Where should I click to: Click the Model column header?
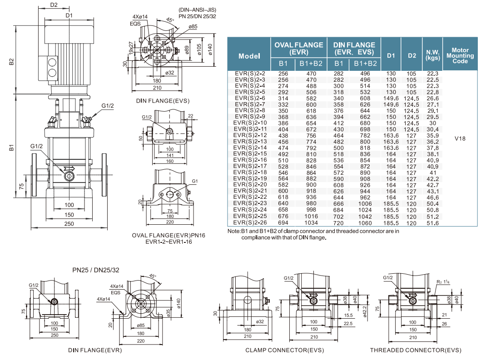[x=249, y=56]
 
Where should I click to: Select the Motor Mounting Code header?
[x=460, y=55]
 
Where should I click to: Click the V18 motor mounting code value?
[x=460, y=139]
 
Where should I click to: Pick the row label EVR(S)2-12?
[x=249, y=135]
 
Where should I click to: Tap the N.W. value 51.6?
[x=432, y=223]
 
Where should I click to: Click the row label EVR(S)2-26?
[x=249, y=223]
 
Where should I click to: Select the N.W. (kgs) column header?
[x=432, y=55]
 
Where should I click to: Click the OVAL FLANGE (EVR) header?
[x=298, y=48]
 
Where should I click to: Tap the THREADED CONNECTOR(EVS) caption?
[x=415, y=350]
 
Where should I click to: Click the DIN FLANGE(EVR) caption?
[x=95, y=350]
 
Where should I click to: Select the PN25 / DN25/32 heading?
[x=96, y=270]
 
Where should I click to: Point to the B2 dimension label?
[x=12, y=62]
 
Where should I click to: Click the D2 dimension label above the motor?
[x=54, y=5]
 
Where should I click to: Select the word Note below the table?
[x=234, y=231]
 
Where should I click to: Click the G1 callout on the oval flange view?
[x=195, y=181]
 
